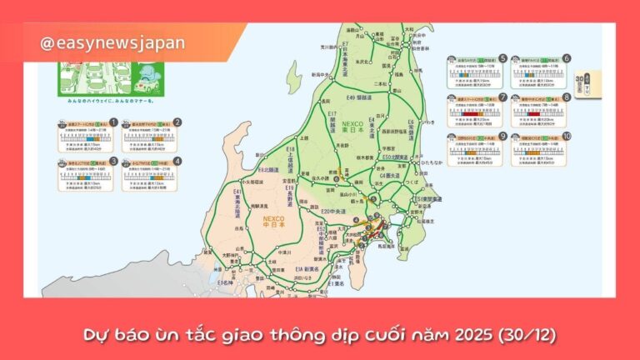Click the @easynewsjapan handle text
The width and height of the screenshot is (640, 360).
click(x=112, y=42)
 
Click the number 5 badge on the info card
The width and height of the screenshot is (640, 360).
click(x=503, y=59)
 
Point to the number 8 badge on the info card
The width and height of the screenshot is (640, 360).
click(x=567, y=97)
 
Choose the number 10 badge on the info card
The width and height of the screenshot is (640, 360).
click(x=567, y=136)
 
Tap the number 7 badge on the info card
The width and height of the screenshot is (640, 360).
click(x=503, y=97)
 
